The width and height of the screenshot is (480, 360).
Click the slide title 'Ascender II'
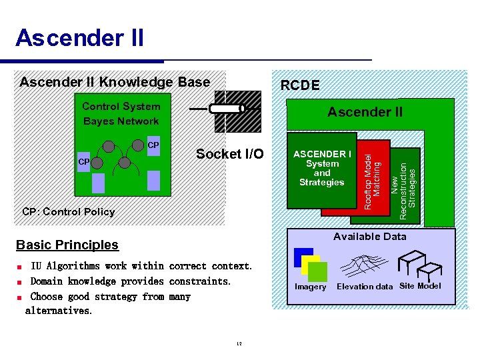point(79,38)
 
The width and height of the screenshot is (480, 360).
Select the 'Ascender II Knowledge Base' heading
point(115,82)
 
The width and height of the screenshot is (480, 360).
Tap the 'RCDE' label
point(299,85)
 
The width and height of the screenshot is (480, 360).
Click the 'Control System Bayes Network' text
point(121,114)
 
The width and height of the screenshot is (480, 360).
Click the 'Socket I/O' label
point(229,154)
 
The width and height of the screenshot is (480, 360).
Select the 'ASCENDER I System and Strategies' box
point(322,169)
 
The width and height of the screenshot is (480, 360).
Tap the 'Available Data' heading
point(369,237)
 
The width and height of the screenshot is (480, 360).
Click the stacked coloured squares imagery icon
point(311,265)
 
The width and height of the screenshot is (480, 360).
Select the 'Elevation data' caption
point(365,287)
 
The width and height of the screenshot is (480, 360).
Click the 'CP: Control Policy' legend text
point(69,212)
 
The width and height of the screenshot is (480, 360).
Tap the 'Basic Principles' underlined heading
point(67,245)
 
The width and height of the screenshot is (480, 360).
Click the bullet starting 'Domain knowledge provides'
point(131,281)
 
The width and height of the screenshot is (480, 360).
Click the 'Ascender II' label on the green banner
point(365,112)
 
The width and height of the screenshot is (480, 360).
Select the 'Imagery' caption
point(311,287)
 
